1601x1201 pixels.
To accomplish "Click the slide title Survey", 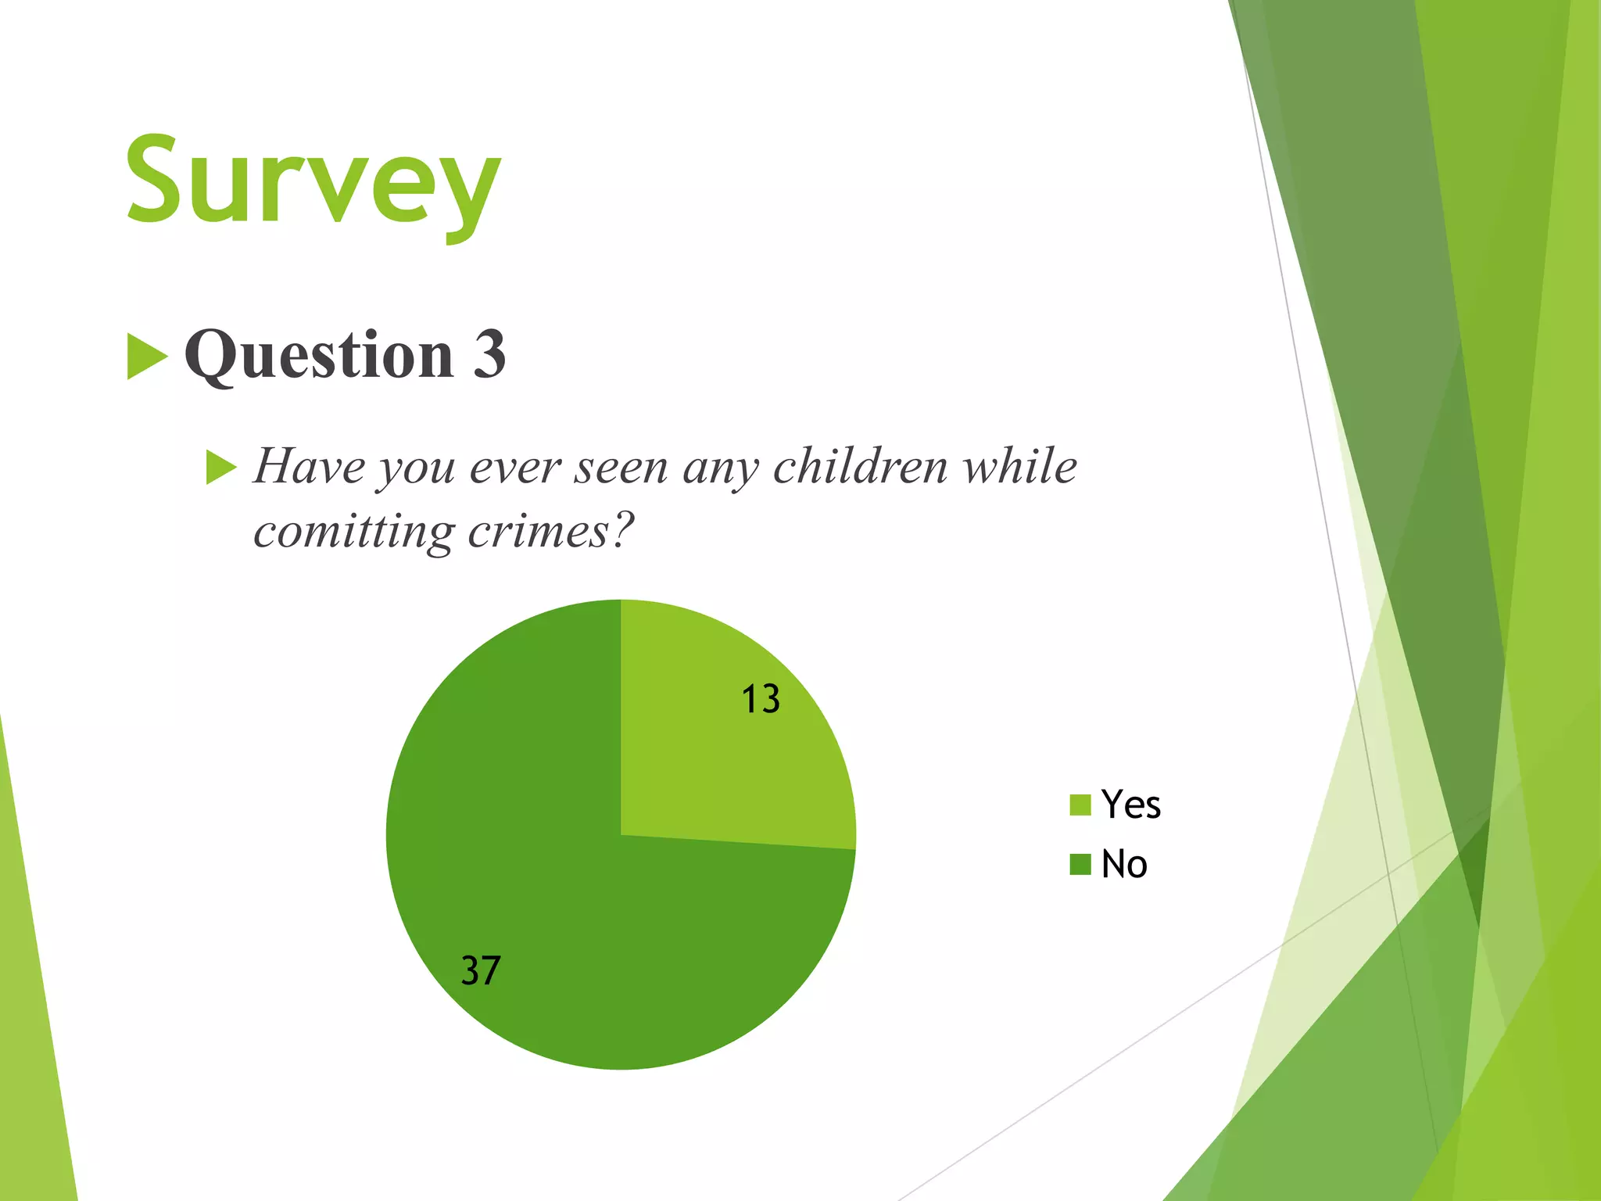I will [313, 184].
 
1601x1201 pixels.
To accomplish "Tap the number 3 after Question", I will [489, 354].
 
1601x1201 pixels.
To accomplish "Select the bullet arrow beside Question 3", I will [146, 357].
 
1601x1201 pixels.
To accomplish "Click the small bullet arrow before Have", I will [220, 468].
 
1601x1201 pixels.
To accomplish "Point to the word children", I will [860, 467].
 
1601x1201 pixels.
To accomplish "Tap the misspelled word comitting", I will [353, 533].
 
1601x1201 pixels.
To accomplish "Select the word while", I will [1019, 467].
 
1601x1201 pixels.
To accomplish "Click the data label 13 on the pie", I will [760, 699].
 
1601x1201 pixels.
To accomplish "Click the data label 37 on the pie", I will [480, 970].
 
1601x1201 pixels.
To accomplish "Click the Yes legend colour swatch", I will [1080, 805].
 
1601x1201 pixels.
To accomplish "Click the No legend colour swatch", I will [1080, 865].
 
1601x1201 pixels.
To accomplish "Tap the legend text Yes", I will [1130, 805].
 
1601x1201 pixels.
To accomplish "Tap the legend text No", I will [1124, 865].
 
